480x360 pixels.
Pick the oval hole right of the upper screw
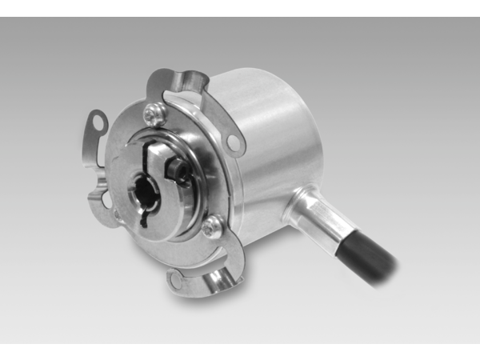coord(233,142)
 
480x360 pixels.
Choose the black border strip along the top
coord(240,8)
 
